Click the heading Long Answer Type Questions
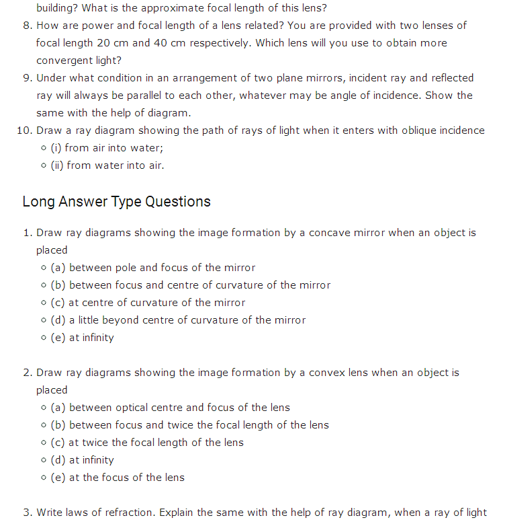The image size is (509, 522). (116, 202)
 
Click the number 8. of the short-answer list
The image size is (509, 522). (28, 26)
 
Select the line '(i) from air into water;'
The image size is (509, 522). (107, 148)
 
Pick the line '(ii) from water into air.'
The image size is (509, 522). (107, 165)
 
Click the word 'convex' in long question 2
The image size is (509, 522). (325, 373)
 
